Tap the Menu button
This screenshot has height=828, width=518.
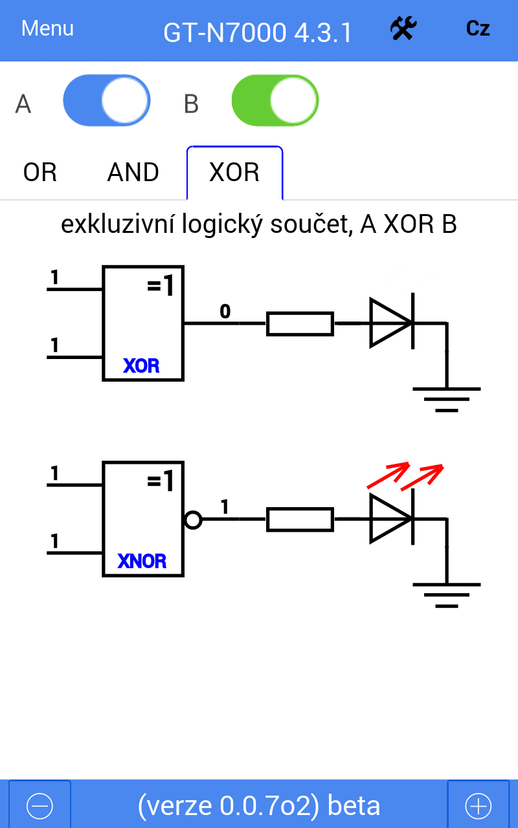(x=47, y=28)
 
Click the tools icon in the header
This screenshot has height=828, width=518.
(x=403, y=29)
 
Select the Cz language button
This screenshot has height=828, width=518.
(x=478, y=29)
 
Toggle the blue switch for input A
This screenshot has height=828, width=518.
(x=107, y=101)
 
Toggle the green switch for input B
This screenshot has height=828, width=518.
(x=275, y=101)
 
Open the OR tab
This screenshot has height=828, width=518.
(x=40, y=173)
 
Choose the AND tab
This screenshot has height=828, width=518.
(x=133, y=173)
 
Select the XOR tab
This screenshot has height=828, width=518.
(x=234, y=173)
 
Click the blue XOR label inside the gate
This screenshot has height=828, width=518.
(x=142, y=365)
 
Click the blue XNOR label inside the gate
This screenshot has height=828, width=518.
(x=142, y=561)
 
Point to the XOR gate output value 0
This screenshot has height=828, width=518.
(x=225, y=312)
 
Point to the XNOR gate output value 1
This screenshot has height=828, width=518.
(x=225, y=507)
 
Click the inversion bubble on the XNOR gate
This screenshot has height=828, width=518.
(x=192, y=519)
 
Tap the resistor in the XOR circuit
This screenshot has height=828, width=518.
(x=300, y=323)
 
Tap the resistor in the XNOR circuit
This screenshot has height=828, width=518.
(x=300, y=519)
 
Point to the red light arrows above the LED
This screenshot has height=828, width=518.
(x=405, y=476)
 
